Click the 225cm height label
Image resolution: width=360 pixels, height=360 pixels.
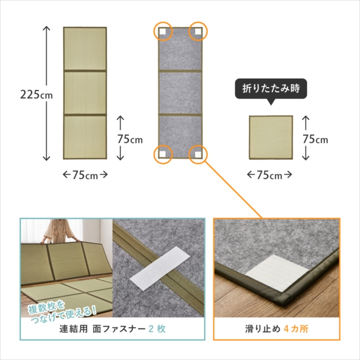(37, 94)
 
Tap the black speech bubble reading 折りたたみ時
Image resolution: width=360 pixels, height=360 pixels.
(271, 89)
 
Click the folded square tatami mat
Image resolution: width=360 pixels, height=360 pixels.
(271, 137)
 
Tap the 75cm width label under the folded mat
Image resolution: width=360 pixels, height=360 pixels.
(269, 175)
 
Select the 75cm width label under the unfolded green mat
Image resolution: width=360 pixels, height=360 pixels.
(85, 175)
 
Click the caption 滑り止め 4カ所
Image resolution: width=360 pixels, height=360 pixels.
(277, 329)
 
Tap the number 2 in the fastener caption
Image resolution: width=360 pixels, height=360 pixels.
(151, 329)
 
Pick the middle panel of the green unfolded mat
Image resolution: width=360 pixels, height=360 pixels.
(85, 93)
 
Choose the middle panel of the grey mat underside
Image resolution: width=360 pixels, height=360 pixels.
(180, 93)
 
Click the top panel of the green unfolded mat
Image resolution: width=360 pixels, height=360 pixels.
(85, 48)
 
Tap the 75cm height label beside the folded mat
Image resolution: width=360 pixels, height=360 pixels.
(315, 139)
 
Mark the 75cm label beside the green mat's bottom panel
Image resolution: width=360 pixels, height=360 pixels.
(130, 139)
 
